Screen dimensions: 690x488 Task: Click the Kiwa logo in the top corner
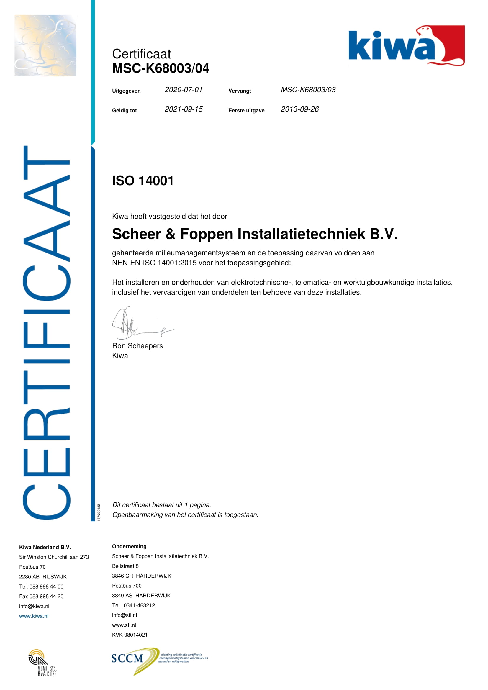[x=406, y=46]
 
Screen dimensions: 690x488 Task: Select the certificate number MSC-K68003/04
[x=161, y=68]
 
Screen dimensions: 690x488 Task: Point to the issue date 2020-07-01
[x=183, y=90]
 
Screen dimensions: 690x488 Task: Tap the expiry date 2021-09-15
[x=183, y=109]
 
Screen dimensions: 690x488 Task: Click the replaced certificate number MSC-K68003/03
[x=308, y=90]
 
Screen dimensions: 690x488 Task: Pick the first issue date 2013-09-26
[x=299, y=109]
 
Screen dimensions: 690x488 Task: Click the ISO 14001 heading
[x=143, y=181]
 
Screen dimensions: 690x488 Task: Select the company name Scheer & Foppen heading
[x=255, y=234]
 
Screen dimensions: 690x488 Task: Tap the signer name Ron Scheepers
[x=137, y=346]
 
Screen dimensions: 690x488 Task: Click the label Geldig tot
[x=125, y=111]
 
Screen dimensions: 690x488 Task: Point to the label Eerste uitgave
[x=246, y=111]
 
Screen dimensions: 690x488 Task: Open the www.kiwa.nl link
[x=34, y=616]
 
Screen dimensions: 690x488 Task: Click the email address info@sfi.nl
[x=125, y=615]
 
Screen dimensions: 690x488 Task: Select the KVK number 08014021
[x=130, y=635]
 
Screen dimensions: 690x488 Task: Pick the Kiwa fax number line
[x=41, y=596]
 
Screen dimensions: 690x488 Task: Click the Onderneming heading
[x=129, y=546]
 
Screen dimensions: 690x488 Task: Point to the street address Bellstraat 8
[x=125, y=566]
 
